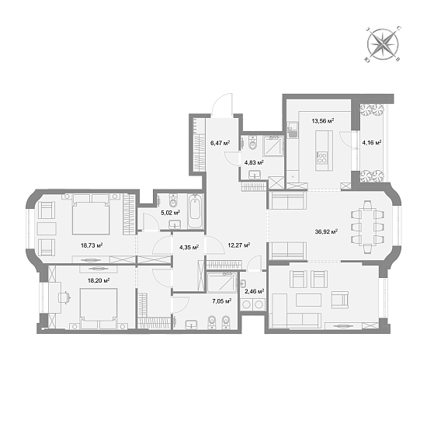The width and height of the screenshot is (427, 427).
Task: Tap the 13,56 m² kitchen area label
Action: tap(322, 121)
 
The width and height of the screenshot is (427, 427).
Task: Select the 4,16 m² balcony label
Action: tap(372, 142)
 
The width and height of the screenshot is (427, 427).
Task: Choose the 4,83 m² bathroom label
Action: tap(254, 162)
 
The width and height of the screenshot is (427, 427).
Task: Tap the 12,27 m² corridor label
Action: tap(238, 245)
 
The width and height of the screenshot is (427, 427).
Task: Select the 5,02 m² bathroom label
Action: tap(170, 211)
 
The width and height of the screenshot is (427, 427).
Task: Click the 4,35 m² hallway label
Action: tap(189, 247)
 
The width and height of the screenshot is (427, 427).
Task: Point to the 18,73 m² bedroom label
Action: tap(92, 245)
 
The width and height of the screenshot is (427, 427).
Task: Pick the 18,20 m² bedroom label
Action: tap(98, 280)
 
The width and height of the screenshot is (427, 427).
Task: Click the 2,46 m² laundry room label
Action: tap(254, 291)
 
